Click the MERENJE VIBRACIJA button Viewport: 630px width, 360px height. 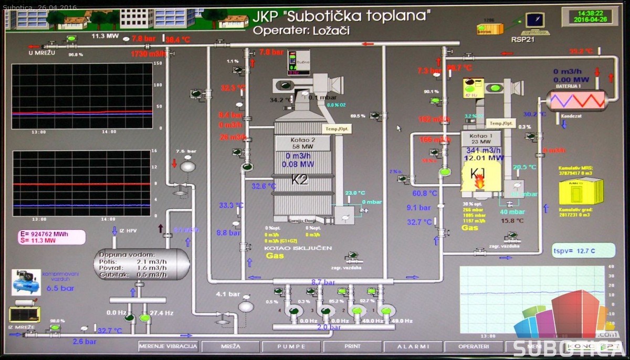(168, 346)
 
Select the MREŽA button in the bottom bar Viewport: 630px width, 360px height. (230, 346)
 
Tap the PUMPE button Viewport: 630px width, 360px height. (291, 346)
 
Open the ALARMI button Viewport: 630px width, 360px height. (413, 346)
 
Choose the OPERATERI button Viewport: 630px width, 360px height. (474, 346)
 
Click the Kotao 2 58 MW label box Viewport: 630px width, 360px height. (303, 143)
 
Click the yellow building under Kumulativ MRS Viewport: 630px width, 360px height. (575, 192)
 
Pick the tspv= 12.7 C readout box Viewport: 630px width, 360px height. (583, 250)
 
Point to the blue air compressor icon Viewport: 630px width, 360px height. (26, 282)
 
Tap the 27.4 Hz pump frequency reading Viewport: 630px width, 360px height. (162, 313)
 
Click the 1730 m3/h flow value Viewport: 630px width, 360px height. (149, 54)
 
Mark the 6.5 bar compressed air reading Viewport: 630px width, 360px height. (60, 288)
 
